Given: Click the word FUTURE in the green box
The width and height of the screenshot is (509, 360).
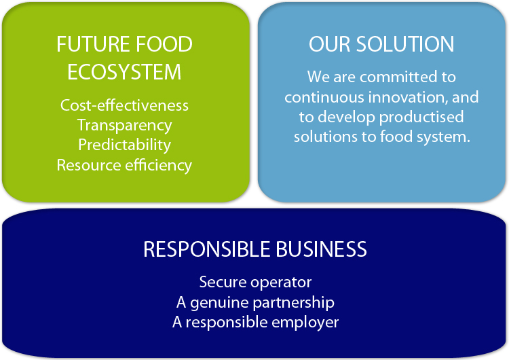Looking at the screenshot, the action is [x=94, y=44].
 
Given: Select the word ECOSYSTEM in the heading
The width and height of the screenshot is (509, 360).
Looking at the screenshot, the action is [x=124, y=72].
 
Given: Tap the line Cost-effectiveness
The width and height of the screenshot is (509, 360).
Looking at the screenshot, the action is [x=124, y=105].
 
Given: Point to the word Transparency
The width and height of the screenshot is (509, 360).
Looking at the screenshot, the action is [x=124, y=126].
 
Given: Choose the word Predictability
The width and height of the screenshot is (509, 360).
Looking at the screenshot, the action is [x=124, y=145].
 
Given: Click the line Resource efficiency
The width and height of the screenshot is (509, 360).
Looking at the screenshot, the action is [x=124, y=165].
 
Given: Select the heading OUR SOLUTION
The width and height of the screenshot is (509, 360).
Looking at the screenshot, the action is [x=381, y=44].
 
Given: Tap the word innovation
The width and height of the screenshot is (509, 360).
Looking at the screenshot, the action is [x=406, y=97].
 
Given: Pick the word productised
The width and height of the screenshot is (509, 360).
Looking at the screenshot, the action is [x=421, y=117].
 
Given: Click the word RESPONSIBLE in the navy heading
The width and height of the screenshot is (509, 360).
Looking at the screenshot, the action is [x=207, y=249].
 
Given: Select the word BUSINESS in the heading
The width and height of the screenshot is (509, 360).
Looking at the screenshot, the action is [x=322, y=249].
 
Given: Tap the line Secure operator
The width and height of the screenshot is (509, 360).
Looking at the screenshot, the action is [x=255, y=282].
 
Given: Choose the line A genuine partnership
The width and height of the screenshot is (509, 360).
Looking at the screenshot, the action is [x=255, y=303].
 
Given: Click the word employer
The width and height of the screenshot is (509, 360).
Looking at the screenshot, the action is [x=305, y=323].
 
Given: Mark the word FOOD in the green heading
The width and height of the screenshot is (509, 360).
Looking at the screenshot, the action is [x=164, y=44].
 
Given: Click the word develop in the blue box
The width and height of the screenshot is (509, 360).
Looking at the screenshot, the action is [x=347, y=118].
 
